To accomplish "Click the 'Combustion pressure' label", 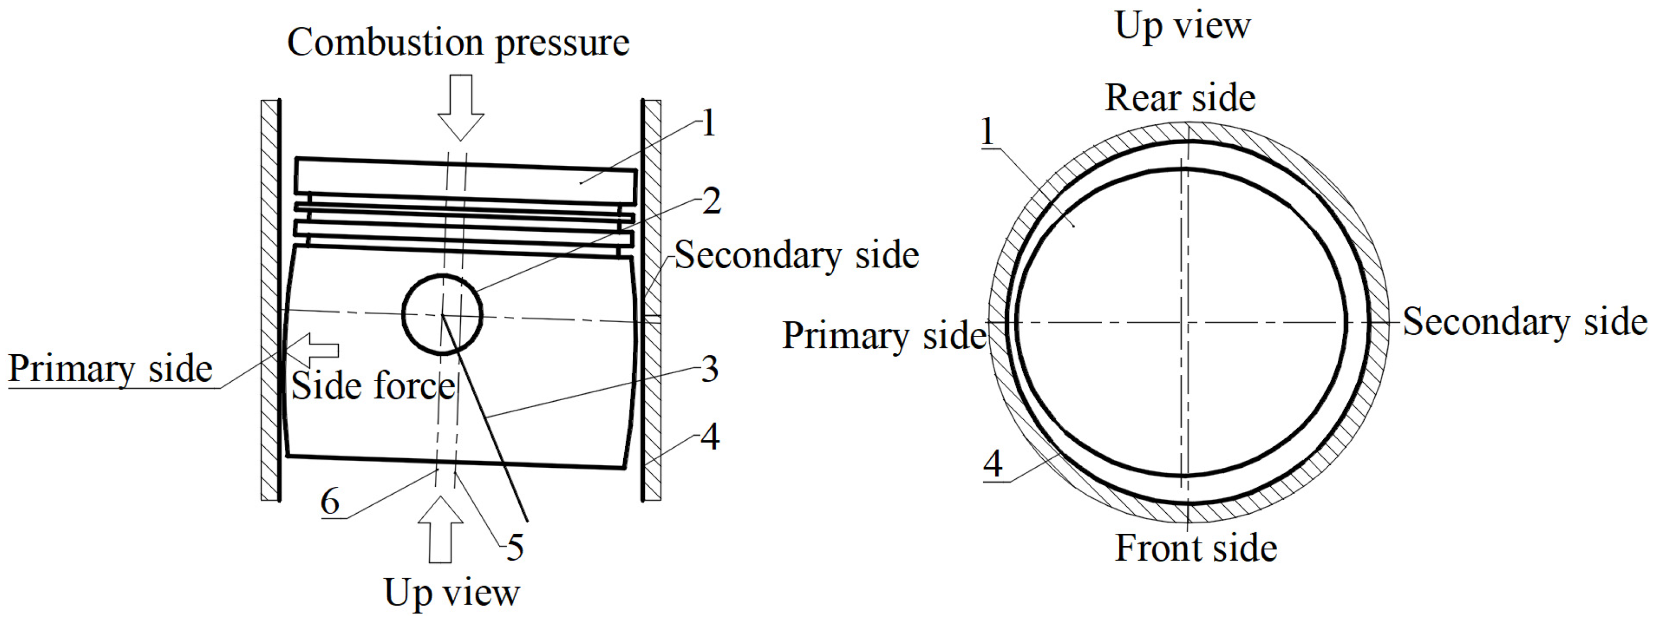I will pyautogui.click(x=458, y=44).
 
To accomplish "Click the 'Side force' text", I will pyautogui.click(x=373, y=386).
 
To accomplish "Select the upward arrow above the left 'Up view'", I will pyautogui.click(x=440, y=529).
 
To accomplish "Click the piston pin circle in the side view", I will pyautogui.click(x=442, y=314).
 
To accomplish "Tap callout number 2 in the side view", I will pyautogui.click(x=711, y=201).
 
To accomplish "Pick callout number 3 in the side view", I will pyautogui.click(x=709, y=369).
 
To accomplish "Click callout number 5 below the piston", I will pyautogui.click(x=515, y=547).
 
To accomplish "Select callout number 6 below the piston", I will pyautogui.click(x=330, y=501).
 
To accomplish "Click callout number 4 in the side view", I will pyautogui.click(x=710, y=437).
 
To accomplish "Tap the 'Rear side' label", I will pyautogui.click(x=1179, y=98).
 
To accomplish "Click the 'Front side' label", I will pyautogui.click(x=1196, y=549).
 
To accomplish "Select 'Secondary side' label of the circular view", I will pyautogui.click(x=1525, y=322).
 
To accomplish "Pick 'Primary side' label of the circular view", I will pyautogui.click(x=884, y=336).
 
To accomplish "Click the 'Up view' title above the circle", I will pyautogui.click(x=1183, y=26).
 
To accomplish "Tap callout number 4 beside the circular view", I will pyautogui.click(x=993, y=464).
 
